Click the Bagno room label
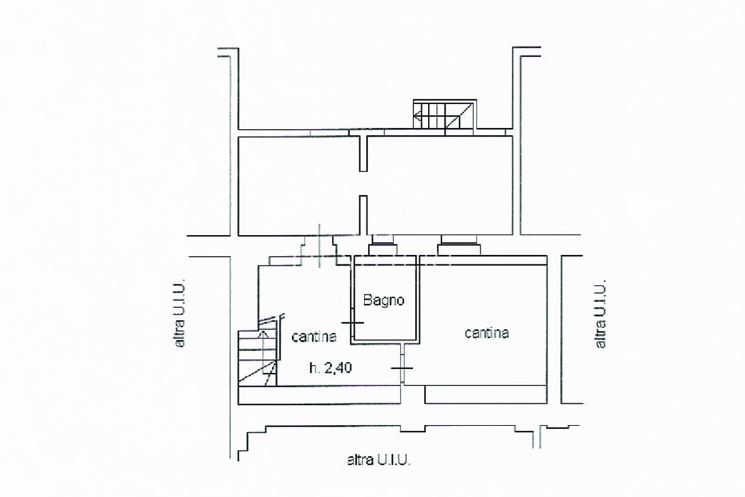384,300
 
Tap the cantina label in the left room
314,337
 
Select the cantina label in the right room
487,333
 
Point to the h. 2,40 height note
331,368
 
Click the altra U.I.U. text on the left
179,315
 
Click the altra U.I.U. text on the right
600,314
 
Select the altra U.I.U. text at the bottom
379,460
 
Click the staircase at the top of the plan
445,115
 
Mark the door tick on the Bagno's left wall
353,323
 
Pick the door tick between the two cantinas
402,368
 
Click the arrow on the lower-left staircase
264,352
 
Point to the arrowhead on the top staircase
416,117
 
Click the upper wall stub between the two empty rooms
363,153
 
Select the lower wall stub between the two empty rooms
363,216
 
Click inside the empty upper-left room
299,186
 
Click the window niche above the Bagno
382,245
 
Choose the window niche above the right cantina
459,245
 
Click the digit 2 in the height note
329,368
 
